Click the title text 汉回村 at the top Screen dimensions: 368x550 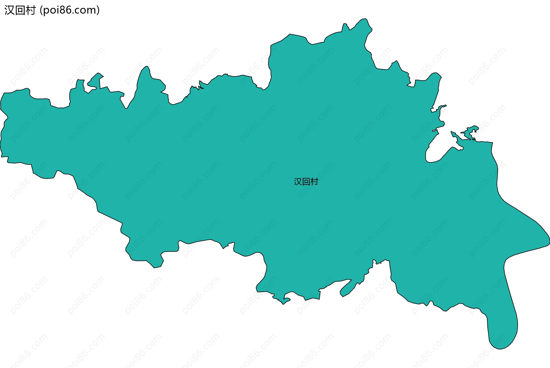pos(20,10)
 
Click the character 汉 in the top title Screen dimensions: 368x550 pos(9,10)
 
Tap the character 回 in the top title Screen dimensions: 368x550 pos(20,10)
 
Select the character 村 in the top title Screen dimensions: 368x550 pos(30,10)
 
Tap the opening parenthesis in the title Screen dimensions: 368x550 pos(41,10)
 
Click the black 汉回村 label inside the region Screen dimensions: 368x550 pos(306,182)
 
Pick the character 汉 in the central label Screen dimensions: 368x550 pos(298,182)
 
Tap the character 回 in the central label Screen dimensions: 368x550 pos(306,182)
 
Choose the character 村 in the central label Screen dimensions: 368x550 pos(314,182)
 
